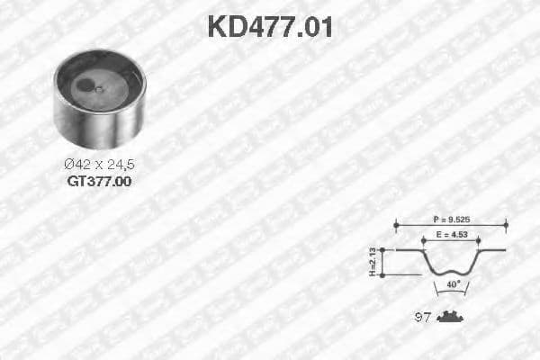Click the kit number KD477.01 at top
(270, 26)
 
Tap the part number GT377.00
(99, 181)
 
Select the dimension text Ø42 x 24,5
(99, 165)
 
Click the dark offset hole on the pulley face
(85, 86)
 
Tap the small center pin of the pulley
(100, 88)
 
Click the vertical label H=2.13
(372, 262)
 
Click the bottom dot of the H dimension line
(383, 274)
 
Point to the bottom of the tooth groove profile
(450, 272)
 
